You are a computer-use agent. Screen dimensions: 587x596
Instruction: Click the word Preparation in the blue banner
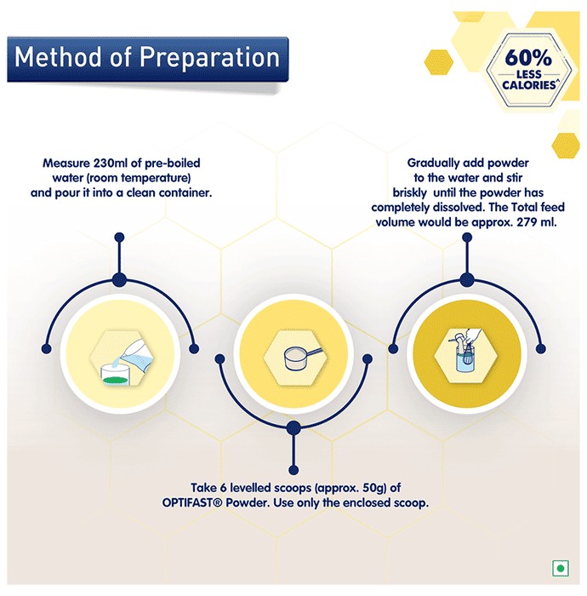pos(209,58)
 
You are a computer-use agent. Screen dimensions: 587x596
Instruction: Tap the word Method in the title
pos(59,57)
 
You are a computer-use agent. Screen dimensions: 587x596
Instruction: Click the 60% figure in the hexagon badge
pos(528,58)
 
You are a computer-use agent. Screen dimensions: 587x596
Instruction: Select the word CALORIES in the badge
pos(529,85)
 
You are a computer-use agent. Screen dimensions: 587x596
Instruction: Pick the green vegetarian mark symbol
pos(561,569)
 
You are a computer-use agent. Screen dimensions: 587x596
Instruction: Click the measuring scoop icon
pos(303,358)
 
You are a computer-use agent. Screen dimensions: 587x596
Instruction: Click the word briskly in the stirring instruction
pos(410,192)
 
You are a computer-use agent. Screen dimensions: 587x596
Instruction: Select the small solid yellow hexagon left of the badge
pos(438,62)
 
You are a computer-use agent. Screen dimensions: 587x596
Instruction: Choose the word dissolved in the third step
pos(459,208)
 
